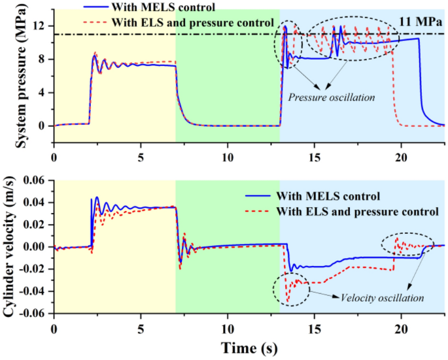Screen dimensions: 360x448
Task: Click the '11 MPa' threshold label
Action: click(421, 22)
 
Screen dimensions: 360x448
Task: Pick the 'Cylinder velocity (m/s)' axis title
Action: click(11, 247)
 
